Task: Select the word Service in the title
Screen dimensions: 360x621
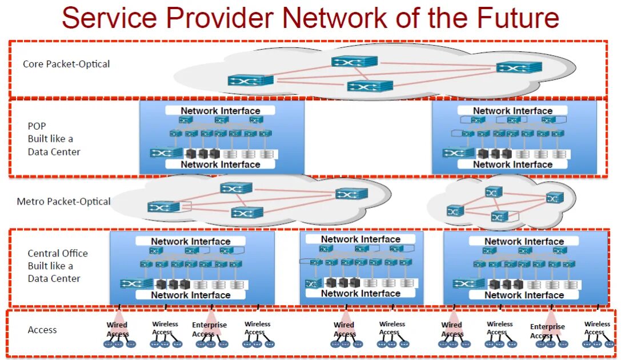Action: tap(109, 18)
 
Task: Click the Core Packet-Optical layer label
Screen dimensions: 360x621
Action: tap(66, 64)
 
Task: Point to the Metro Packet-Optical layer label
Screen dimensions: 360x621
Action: tap(64, 201)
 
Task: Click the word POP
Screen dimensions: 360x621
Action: tap(37, 126)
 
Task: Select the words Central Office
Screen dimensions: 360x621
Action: tap(58, 253)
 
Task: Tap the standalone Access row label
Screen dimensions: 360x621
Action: tap(42, 330)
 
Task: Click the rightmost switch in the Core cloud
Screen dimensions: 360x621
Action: tap(519, 67)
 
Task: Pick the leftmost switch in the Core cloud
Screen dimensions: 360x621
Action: tap(250, 81)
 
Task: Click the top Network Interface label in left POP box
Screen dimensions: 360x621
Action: tap(221, 111)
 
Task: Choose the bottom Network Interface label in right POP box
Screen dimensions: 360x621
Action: tap(512, 165)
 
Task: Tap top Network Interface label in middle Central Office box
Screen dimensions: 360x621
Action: tap(360, 239)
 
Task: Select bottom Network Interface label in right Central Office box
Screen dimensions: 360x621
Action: tap(524, 295)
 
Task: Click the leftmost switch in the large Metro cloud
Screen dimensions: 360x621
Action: tap(165, 207)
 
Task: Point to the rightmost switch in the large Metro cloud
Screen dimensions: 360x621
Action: tap(351, 194)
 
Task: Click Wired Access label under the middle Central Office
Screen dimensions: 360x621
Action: tap(344, 329)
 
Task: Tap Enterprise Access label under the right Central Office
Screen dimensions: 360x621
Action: tap(547, 331)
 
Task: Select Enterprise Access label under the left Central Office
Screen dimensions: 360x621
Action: tap(209, 329)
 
